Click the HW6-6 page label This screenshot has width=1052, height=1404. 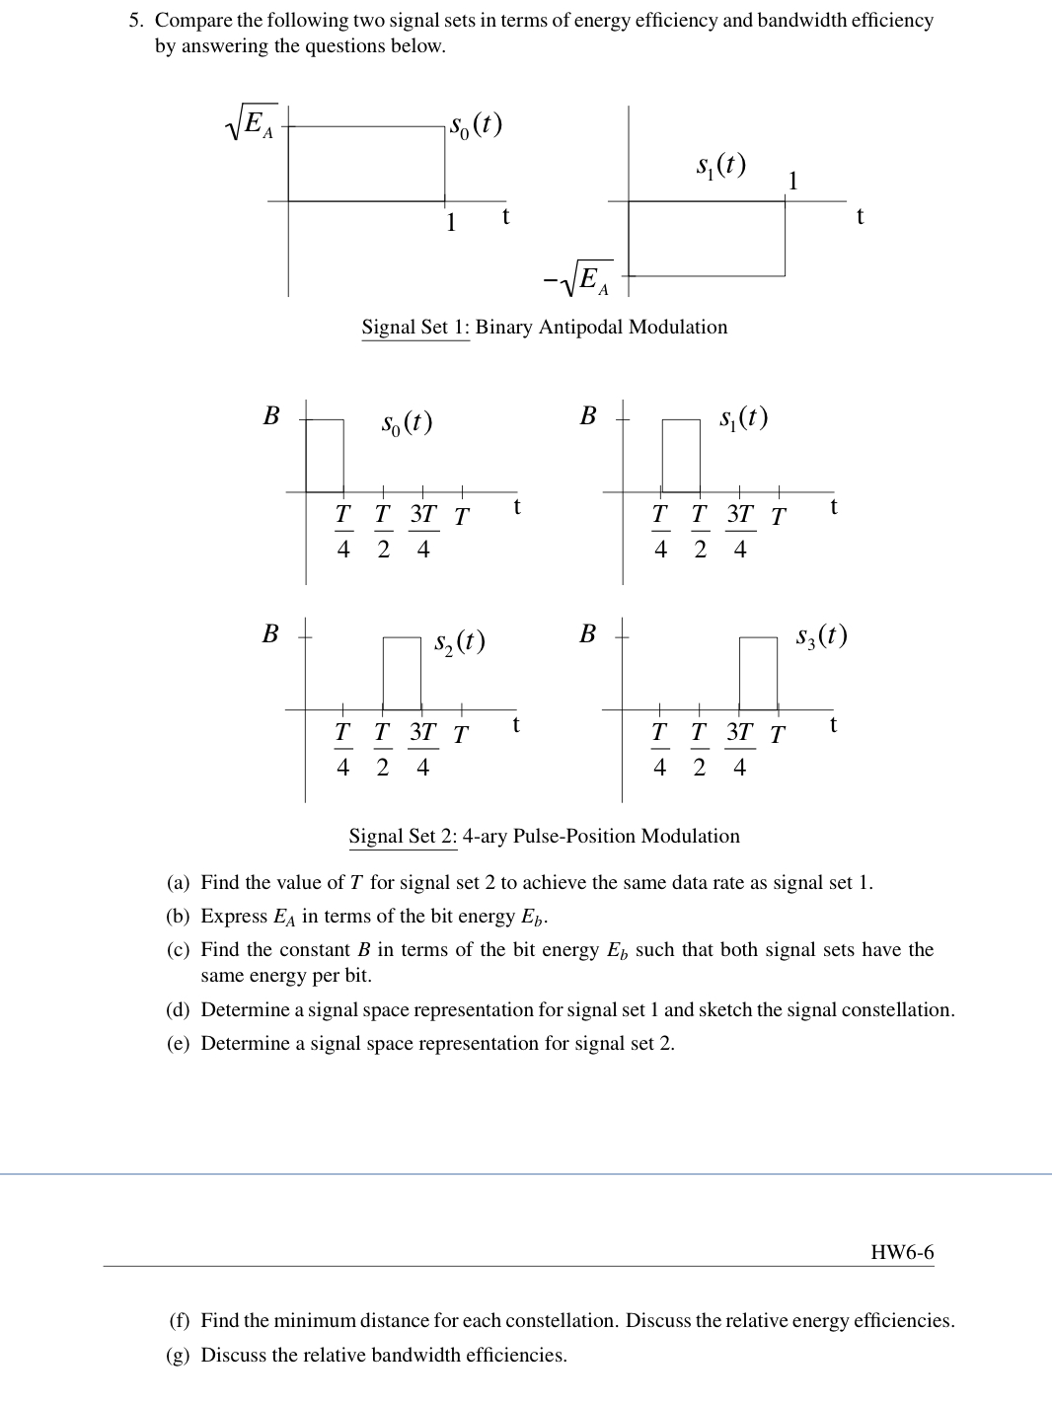pyautogui.click(x=901, y=1253)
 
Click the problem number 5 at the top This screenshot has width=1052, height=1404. pyautogui.click(x=135, y=20)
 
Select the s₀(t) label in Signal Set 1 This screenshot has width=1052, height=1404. pyautogui.click(x=475, y=125)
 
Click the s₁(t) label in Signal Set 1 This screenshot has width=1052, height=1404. pyautogui.click(x=718, y=164)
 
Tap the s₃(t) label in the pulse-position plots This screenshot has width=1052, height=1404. pyautogui.click(x=821, y=636)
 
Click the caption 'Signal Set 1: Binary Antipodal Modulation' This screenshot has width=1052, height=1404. pyautogui.click(x=544, y=327)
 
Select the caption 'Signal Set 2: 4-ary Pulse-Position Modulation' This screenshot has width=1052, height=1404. pyautogui.click(x=544, y=836)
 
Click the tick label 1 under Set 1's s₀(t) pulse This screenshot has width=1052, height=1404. pyautogui.click(x=450, y=222)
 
